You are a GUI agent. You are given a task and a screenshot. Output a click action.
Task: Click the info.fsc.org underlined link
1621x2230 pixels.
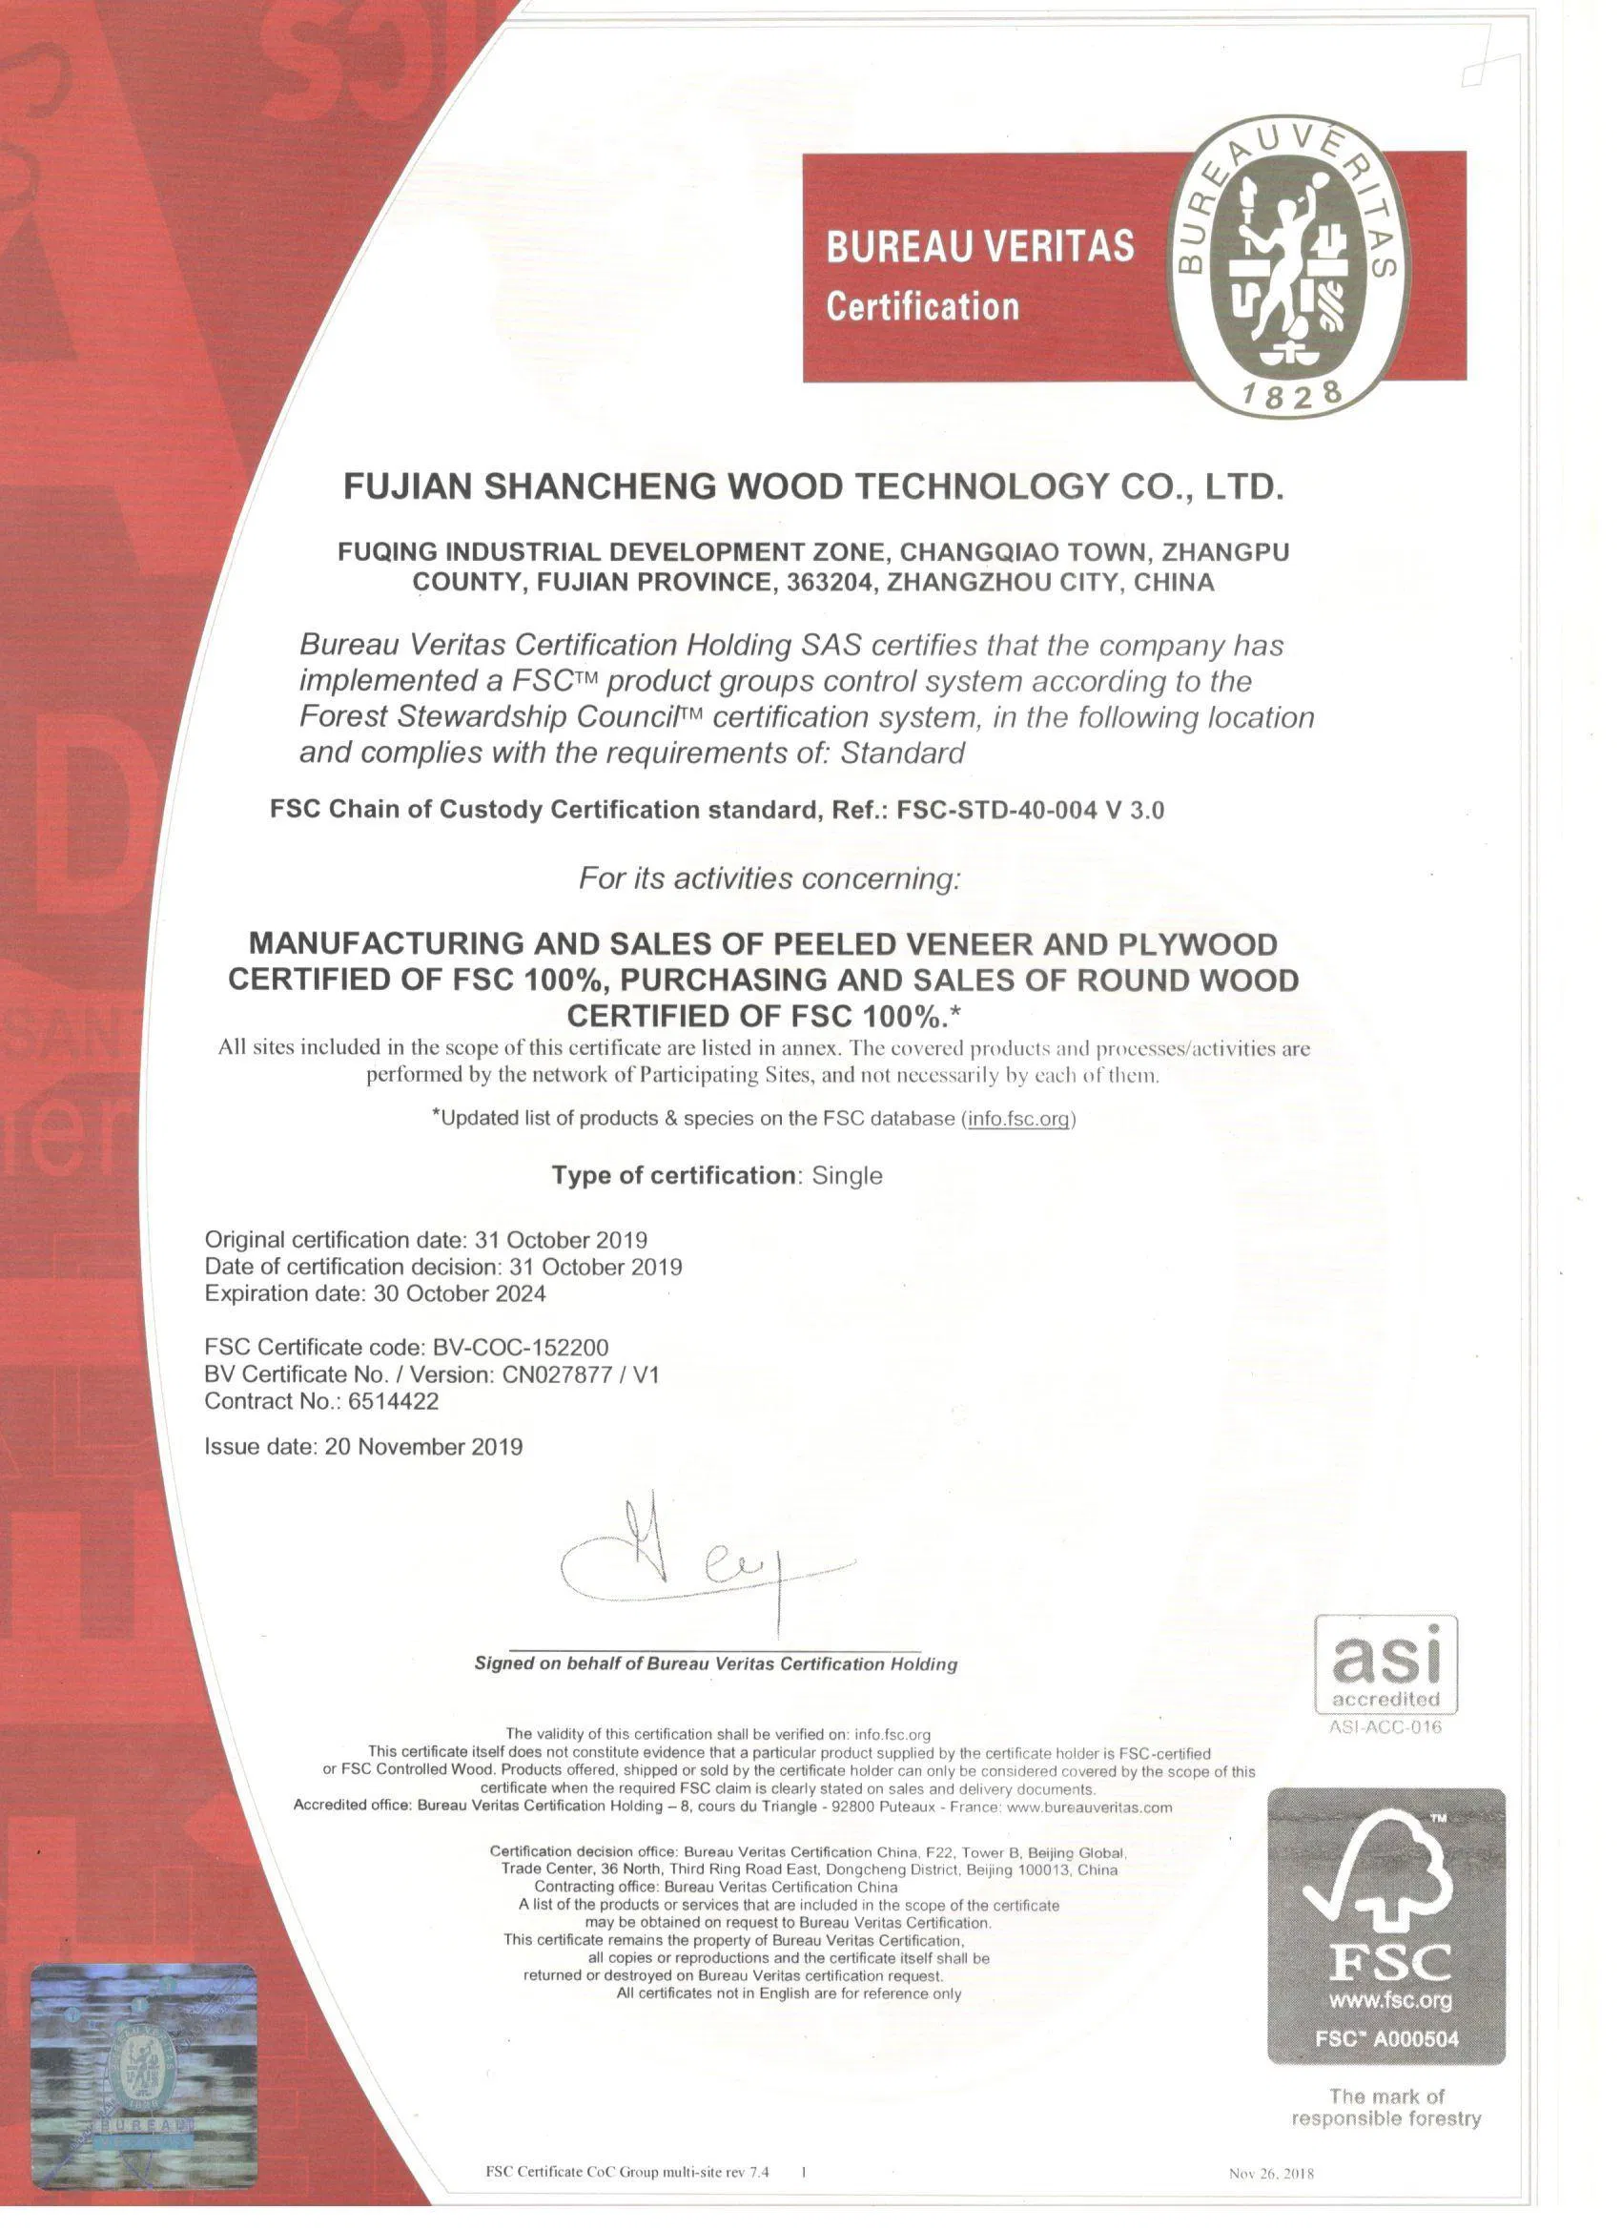pyautogui.click(x=1018, y=1118)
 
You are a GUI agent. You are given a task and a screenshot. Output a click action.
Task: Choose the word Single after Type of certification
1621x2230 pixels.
pyautogui.click(x=847, y=1175)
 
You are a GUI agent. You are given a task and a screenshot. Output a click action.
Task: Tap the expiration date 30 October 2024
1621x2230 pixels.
pyautogui.click(x=459, y=1293)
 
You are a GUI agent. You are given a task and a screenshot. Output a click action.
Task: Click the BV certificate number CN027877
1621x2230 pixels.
pyautogui.click(x=555, y=1373)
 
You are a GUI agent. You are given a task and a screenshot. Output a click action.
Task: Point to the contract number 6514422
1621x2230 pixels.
pyautogui.click(x=393, y=1400)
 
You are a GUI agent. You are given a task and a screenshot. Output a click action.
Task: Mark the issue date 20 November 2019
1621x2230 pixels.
pyautogui.click(x=423, y=1446)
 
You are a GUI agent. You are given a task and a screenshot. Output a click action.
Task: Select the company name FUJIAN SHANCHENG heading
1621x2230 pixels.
pyautogui.click(x=813, y=486)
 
